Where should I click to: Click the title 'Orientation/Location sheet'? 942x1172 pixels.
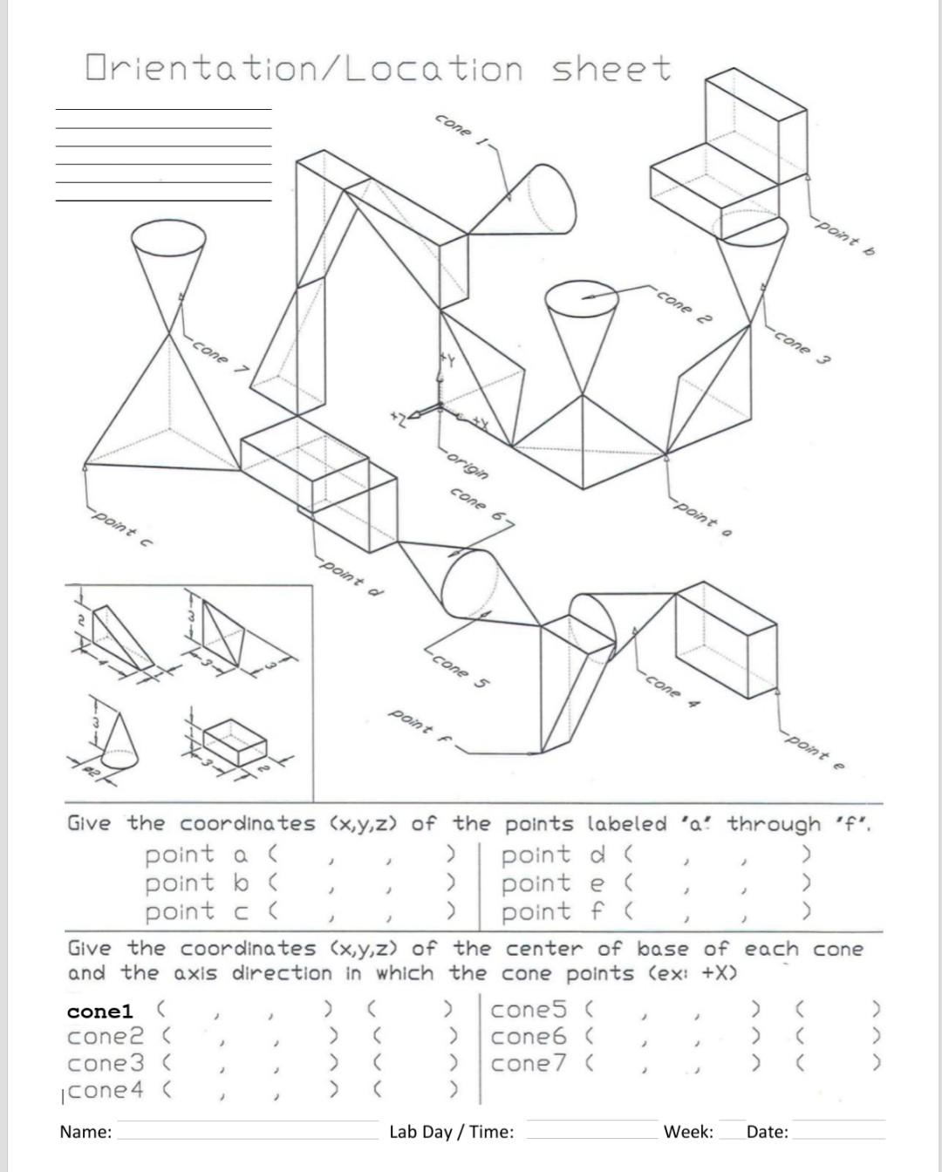coord(379,69)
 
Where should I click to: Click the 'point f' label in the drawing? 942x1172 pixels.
coord(420,723)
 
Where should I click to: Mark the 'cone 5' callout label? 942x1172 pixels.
coord(458,670)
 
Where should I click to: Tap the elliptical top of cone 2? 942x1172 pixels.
coord(582,299)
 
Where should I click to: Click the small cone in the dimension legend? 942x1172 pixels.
coord(119,744)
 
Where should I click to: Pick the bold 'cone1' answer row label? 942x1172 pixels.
coord(99,1011)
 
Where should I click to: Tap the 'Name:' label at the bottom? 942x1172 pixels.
coord(85,1132)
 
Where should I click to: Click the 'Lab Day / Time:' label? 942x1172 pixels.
coord(451,1132)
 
